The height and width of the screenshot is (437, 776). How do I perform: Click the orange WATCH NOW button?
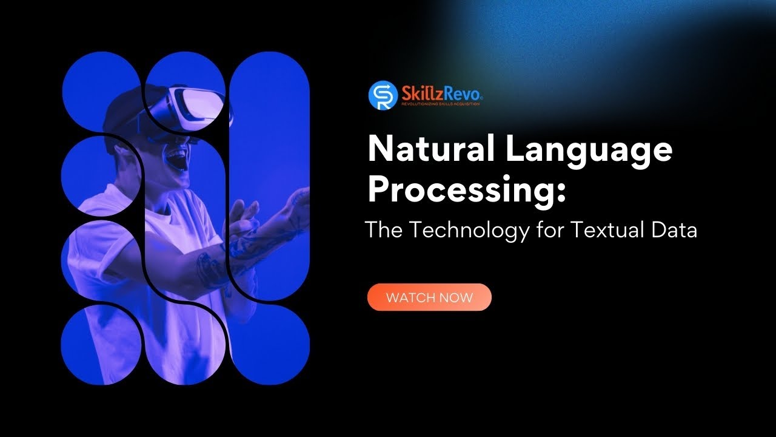(x=429, y=297)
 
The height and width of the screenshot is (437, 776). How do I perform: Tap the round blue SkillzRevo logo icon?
(x=383, y=95)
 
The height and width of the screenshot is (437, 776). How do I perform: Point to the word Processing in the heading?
(x=461, y=191)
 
